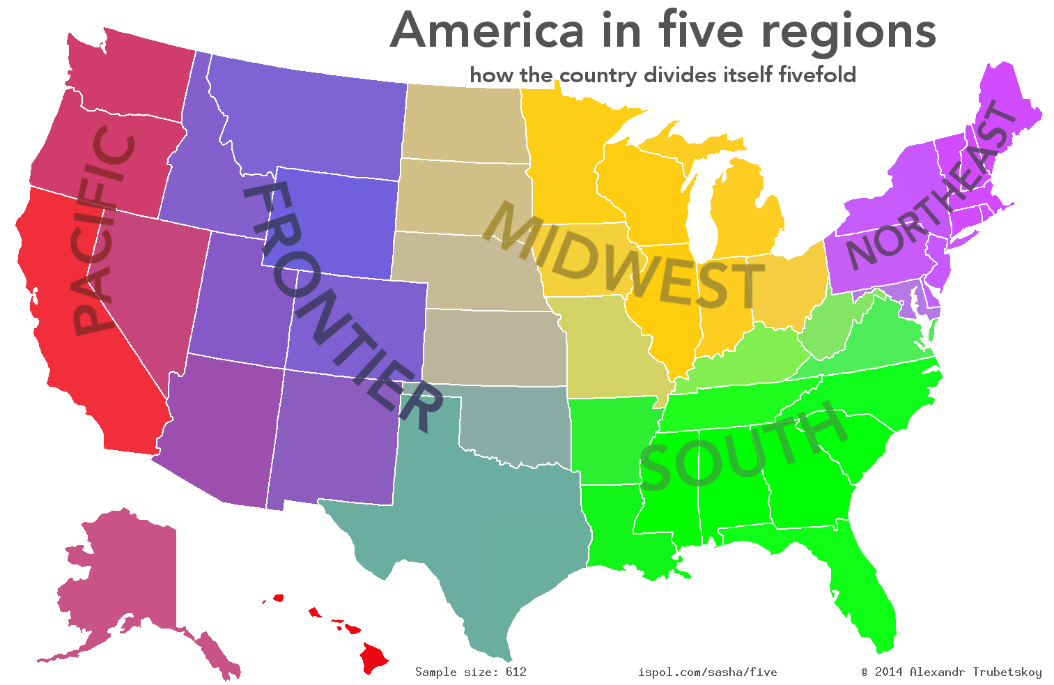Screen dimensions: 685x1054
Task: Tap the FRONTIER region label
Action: (341, 307)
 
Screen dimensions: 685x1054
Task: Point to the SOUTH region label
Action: (742, 446)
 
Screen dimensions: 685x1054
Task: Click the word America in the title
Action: (488, 31)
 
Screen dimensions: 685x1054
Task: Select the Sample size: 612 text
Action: (471, 672)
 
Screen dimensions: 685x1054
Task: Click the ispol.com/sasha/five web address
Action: (707, 672)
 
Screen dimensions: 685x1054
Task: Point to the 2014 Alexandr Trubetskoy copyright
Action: (952, 672)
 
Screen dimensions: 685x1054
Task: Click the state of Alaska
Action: (125, 578)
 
